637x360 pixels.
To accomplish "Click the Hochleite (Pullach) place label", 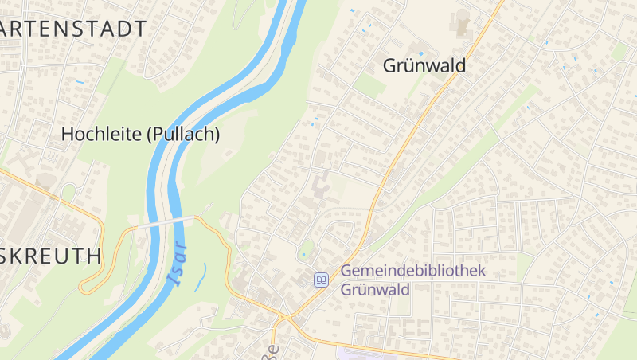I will coord(140,134).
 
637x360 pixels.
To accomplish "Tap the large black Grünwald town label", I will coord(424,65).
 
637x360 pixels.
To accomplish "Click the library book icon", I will coord(321,280).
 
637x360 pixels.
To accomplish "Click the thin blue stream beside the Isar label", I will coord(202,276).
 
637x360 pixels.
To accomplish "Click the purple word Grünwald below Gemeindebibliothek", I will coord(375,288).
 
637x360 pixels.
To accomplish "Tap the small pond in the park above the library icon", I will coord(303,256).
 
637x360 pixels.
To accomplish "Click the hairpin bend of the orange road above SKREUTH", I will coord(84,287).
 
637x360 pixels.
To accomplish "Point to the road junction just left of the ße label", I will coord(281,321).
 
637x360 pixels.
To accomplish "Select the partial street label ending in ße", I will coord(272,351).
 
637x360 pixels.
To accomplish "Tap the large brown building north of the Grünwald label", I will coord(462,22).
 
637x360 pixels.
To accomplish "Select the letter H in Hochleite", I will coord(68,134).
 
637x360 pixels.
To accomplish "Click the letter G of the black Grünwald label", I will coord(391,65).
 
